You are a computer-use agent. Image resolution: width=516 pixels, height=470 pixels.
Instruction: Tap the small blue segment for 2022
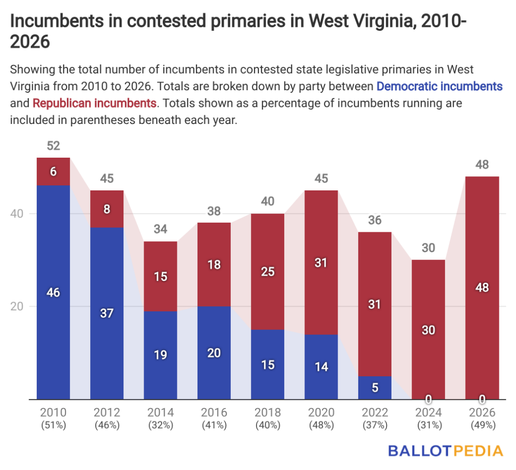pyautogui.click(x=375, y=387)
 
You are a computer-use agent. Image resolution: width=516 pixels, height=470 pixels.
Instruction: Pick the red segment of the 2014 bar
pyautogui.click(x=160, y=276)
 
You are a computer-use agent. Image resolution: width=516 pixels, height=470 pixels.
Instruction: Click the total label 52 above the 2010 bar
pyautogui.click(x=53, y=146)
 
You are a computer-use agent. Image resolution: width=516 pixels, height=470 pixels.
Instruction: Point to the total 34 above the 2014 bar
pyautogui.click(x=160, y=230)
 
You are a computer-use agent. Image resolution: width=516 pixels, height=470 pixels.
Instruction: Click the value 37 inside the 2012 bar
pyautogui.click(x=107, y=313)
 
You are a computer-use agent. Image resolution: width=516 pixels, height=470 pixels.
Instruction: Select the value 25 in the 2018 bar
pyautogui.click(x=268, y=272)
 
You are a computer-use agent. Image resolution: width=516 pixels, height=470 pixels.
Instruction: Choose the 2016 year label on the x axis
pyautogui.click(x=214, y=413)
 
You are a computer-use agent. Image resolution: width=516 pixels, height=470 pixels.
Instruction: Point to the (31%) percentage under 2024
pyautogui.click(x=428, y=425)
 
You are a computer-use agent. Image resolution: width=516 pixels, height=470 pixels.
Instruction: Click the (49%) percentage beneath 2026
pyautogui.click(x=482, y=425)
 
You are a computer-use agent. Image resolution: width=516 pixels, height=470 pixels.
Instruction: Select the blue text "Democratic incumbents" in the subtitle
pyautogui.click(x=439, y=86)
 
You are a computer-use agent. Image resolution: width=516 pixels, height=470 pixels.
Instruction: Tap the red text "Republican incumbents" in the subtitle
pyautogui.click(x=94, y=104)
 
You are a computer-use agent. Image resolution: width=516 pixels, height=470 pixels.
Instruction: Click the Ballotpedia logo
pyautogui.click(x=445, y=450)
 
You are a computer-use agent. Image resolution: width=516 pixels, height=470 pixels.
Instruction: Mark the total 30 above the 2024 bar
pyautogui.click(x=428, y=248)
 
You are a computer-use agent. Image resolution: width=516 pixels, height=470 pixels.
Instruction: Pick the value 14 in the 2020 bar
pyautogui.click(x=321, y=367)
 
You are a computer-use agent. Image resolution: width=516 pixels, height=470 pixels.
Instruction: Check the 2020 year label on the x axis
pyautogui.click(x=321, y=413)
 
